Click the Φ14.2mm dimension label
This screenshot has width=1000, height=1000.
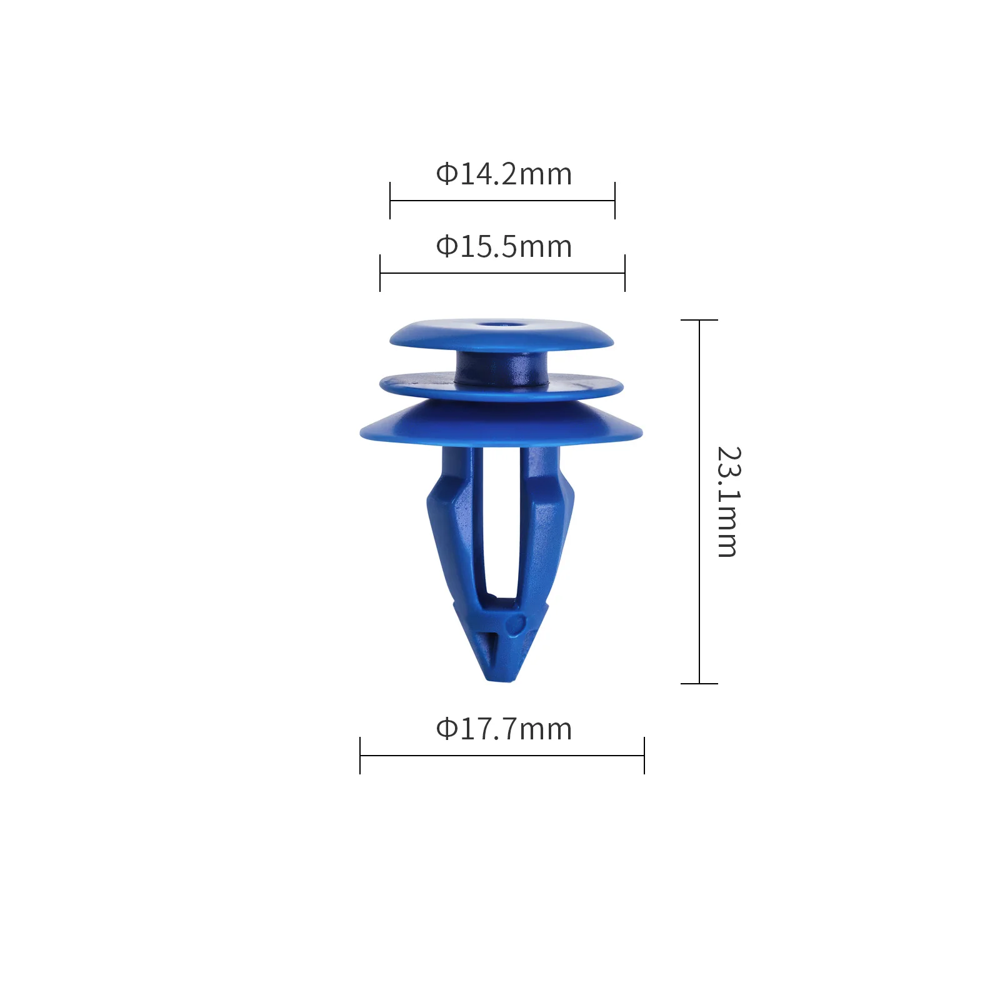click(504, 174)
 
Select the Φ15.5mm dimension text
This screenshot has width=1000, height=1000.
click(504, 247)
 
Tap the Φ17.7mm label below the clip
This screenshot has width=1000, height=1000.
click(504, 729)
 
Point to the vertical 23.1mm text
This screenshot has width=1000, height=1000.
click(727, 502)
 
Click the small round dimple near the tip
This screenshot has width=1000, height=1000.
click(516, 624)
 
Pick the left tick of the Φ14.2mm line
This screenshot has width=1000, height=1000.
click(390, 201)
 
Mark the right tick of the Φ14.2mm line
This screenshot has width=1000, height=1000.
click(615, 201)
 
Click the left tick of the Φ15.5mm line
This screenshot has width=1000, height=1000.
click(380, 273)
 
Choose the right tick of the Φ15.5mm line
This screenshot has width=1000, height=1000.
click(625, 273)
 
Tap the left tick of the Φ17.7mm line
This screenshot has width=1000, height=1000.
click(360, 756)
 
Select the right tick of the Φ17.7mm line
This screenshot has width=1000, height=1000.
click(644, 756)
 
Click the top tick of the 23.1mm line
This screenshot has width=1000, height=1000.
click(699, 320)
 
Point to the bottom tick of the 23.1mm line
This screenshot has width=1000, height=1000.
click(699, 684)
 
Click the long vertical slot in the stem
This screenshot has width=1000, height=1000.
click(501, 525)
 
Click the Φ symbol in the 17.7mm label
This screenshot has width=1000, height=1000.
click(446, 729)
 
